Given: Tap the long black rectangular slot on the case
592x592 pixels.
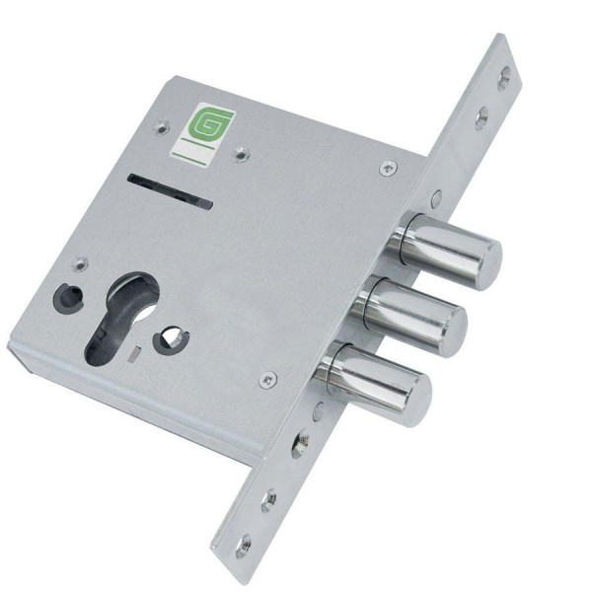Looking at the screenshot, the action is (171, 191).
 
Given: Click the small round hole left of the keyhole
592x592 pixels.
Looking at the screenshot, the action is (69, 297).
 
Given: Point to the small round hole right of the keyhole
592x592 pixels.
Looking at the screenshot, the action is (171, 339).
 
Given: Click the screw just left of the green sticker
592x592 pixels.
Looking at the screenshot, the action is (162, 128).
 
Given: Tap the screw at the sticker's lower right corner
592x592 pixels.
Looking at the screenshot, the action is (241, 154).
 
